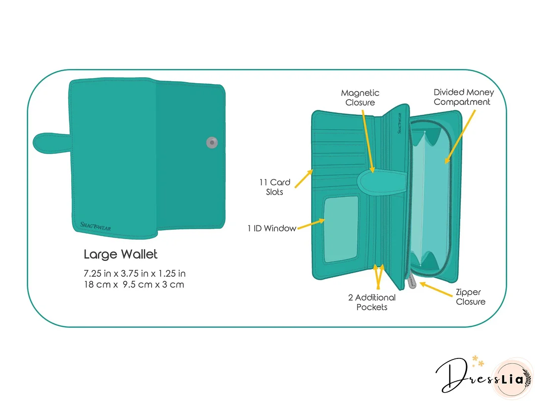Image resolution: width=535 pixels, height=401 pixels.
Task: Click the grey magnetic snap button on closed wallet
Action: tap(212, 142)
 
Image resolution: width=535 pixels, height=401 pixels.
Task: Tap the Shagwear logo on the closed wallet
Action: tap(96, 226)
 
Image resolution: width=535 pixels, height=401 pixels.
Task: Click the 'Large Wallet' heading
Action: tap(120, 254)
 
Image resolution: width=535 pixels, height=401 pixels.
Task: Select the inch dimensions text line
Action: tap(134, 273)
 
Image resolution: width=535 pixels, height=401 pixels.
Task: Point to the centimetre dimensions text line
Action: tap(134, 284)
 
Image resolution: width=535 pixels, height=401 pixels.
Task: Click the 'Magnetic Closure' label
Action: tap(360, 98)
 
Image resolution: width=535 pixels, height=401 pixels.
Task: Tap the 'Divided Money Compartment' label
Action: tap(464, 97)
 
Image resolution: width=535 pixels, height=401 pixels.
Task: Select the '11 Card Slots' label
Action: tap(274, 187)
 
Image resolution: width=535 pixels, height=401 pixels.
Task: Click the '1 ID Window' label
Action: tap(271, 228)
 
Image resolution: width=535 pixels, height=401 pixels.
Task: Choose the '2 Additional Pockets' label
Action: tap(372, 302)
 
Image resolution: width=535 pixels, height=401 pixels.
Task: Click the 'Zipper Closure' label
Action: tap(471, 297)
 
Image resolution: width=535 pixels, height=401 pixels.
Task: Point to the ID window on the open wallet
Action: tap(341, 230)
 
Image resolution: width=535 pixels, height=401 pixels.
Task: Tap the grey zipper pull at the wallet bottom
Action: tap(412, 281)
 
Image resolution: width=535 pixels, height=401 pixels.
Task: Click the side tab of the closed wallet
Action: tap(52, 143)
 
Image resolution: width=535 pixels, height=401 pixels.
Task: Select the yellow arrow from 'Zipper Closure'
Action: tap(436, 289)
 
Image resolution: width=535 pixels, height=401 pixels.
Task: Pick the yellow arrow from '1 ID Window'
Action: tap(311, 224)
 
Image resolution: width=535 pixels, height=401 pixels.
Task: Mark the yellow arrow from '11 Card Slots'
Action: tap(304, 179)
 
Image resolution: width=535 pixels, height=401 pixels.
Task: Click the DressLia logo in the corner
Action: tap(484, 377)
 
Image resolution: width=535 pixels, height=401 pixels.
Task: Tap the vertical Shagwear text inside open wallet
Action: tap(400, 123)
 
